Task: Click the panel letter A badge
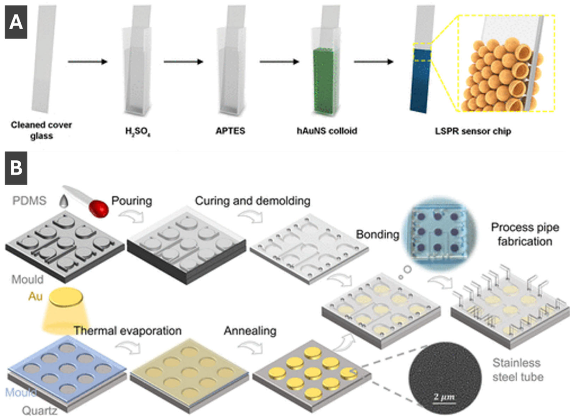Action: (x=16, y=22)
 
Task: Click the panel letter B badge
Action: (x=16, y=168)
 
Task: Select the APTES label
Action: (x=230, y=131)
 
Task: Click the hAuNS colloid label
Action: (x=327, y=131)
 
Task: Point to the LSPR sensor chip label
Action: (x=473, y=131)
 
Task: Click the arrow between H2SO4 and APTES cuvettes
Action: (x=183, y=62)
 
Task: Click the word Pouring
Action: (x=132, y=201)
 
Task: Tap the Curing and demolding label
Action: (x=253, y=201)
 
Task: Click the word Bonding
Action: (x=378, y=234)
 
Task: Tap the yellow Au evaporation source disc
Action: (x=66, y=298)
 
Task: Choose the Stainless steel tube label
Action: (x=518, y=370)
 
